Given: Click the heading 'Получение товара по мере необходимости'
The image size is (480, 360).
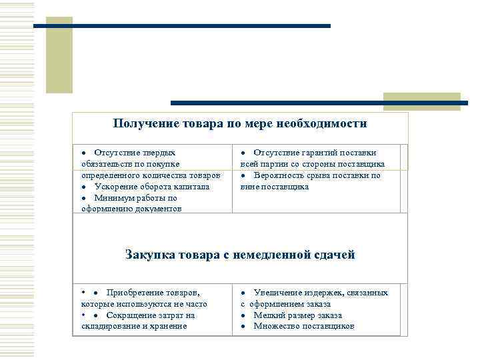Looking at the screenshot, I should point(240,124).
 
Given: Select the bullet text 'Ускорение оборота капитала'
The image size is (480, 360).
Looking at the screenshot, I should point(152,187).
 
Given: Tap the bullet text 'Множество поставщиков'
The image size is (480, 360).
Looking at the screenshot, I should point(304,326).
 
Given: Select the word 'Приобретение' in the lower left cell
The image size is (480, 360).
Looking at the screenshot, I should point(133,293).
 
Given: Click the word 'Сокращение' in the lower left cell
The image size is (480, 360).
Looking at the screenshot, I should point(131,315).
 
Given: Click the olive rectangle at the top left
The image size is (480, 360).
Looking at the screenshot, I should point(59,55).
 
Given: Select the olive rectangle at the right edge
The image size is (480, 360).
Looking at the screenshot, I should point(421,101).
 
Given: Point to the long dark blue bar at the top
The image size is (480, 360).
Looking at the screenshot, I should point(182,26).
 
